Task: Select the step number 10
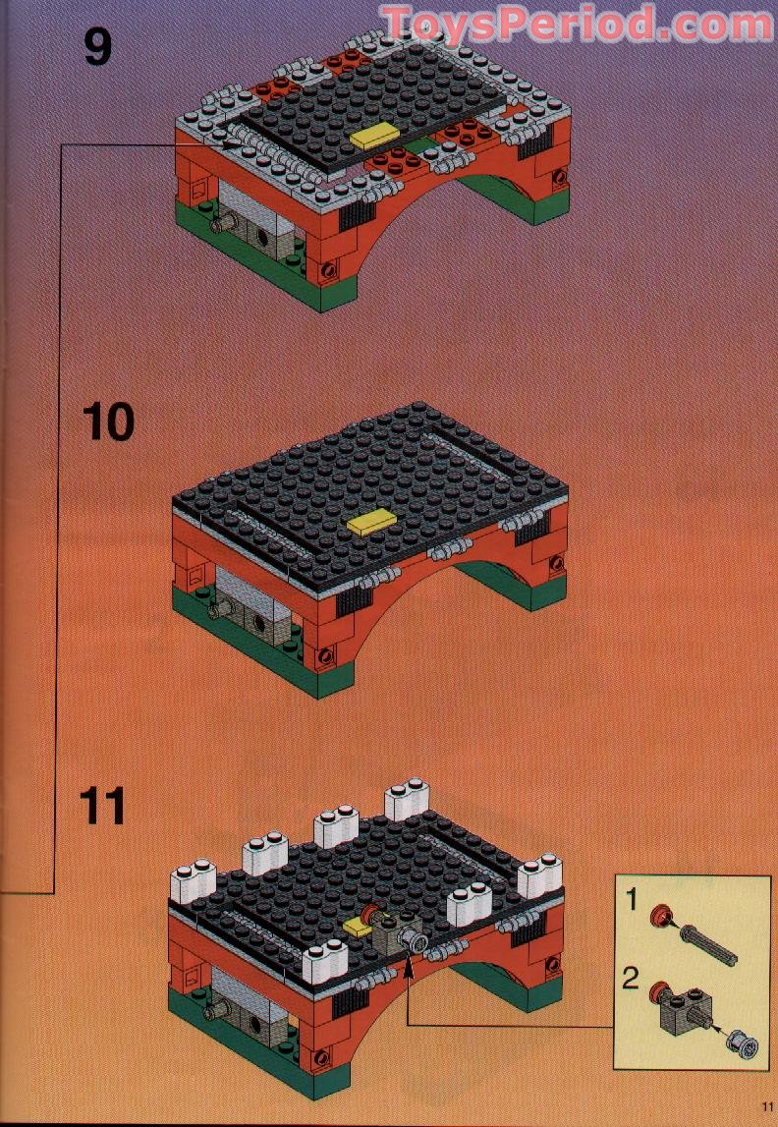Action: tap(108, 423)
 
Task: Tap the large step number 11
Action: tap(103, 806)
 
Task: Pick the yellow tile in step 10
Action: tap(370, 522)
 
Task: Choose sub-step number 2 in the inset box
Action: tap(633, 979)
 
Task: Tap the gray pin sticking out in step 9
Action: tap(220, 224)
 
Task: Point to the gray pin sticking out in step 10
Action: tap(219, 610)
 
